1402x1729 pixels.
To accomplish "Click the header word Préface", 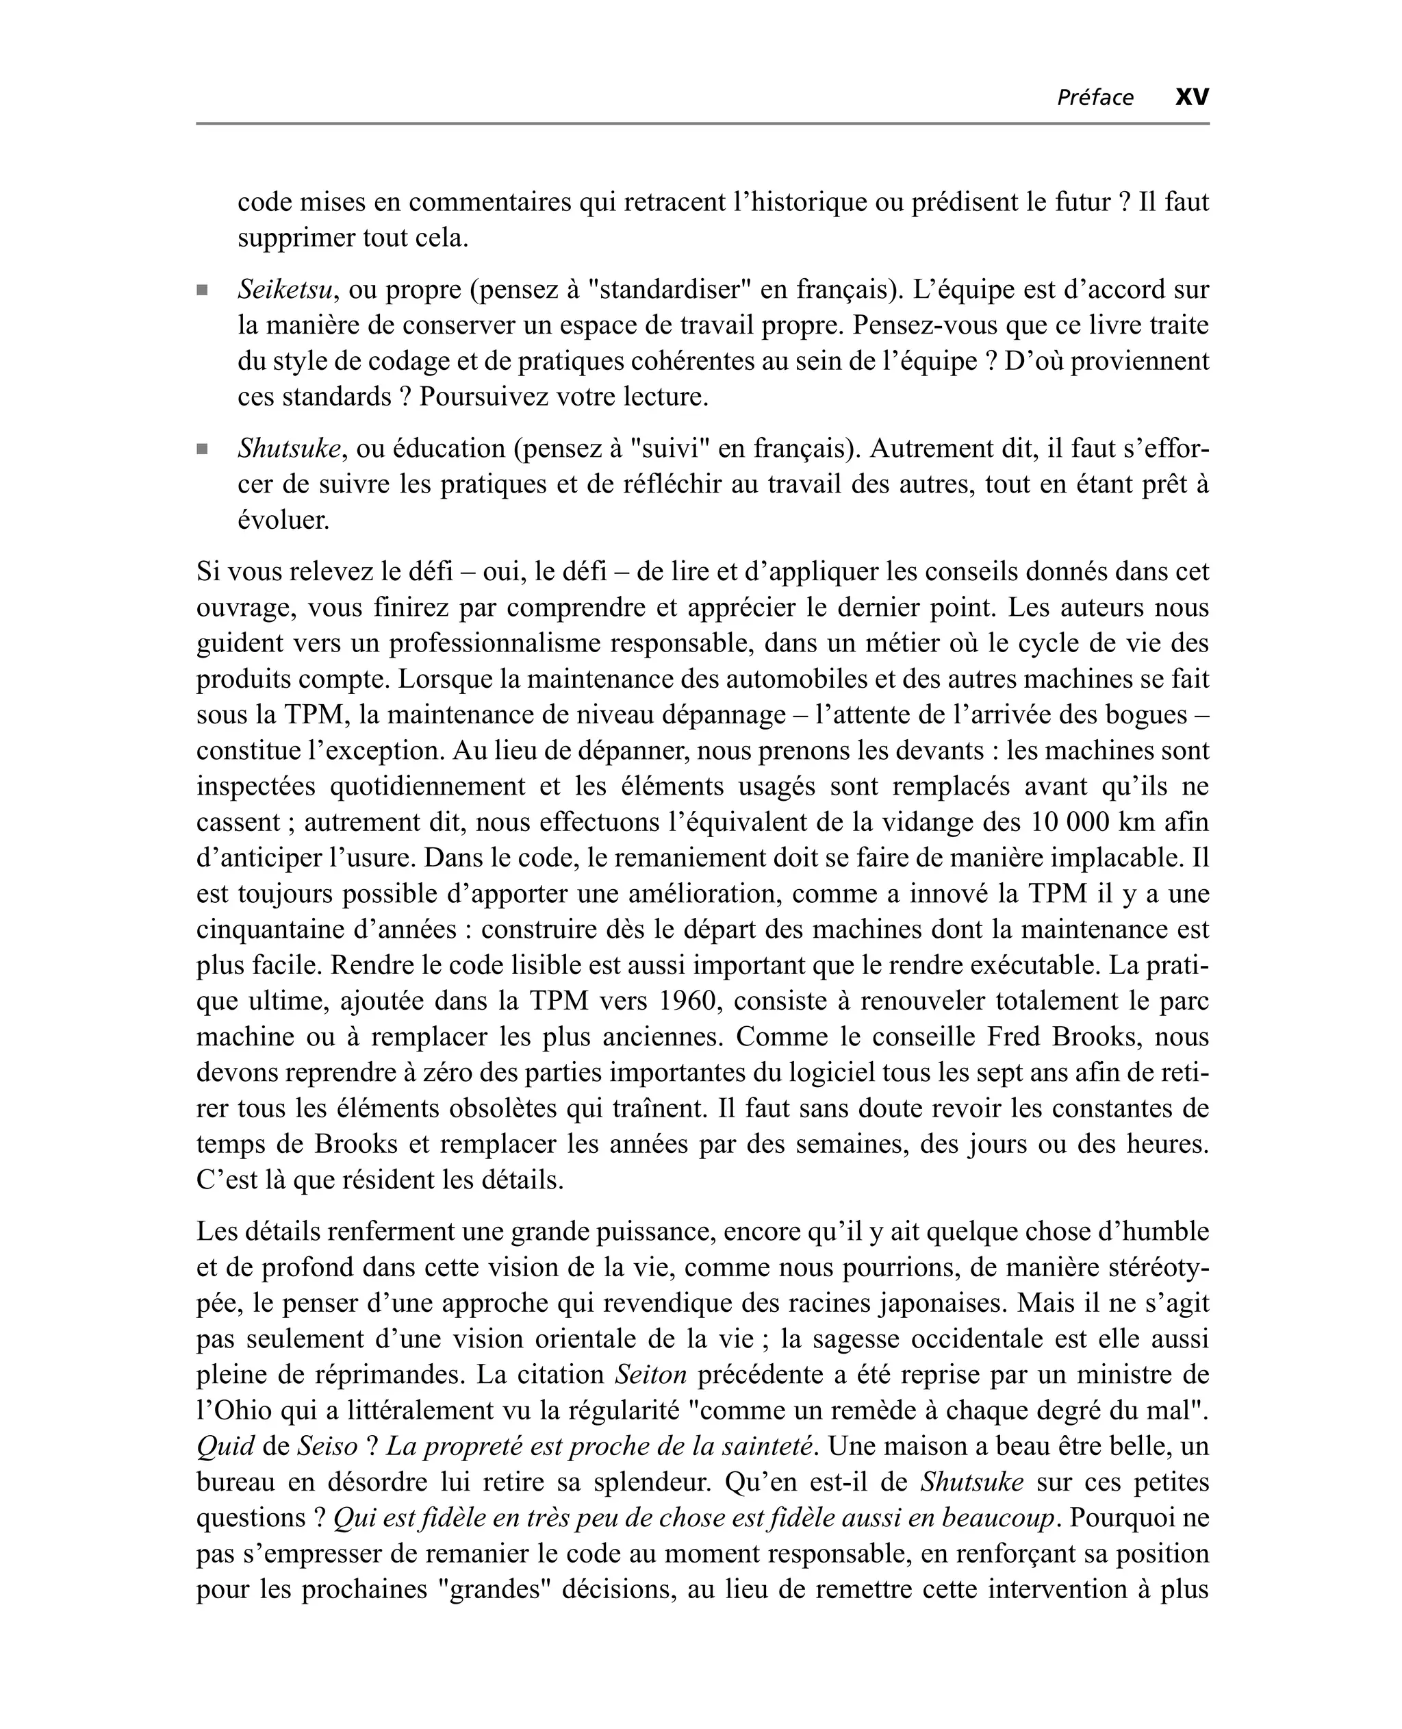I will [x=1095, y=98].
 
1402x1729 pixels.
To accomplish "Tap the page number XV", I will [x=1191, y=97].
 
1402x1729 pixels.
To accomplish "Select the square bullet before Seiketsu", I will [x=202, y=290].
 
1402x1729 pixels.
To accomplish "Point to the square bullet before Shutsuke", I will [x=202, y=449].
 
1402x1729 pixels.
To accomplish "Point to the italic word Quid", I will [x=225, y=1446].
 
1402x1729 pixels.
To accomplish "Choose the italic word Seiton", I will [x=650, y=1374].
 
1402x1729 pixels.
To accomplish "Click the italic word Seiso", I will [x=327, y=1446].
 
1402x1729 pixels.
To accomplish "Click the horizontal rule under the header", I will [x=702, y=123].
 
